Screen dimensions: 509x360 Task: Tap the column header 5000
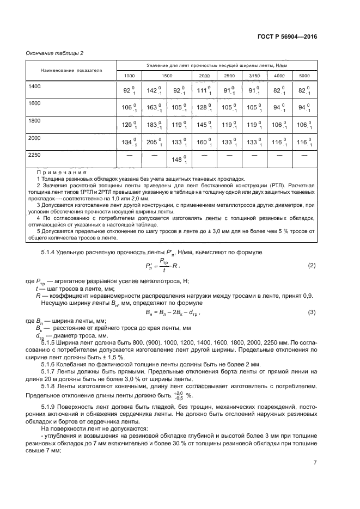point(304,75)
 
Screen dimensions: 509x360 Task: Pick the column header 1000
point(130,75)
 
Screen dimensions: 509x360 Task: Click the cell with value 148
point(179,160)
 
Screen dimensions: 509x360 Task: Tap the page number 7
point(315,462)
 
